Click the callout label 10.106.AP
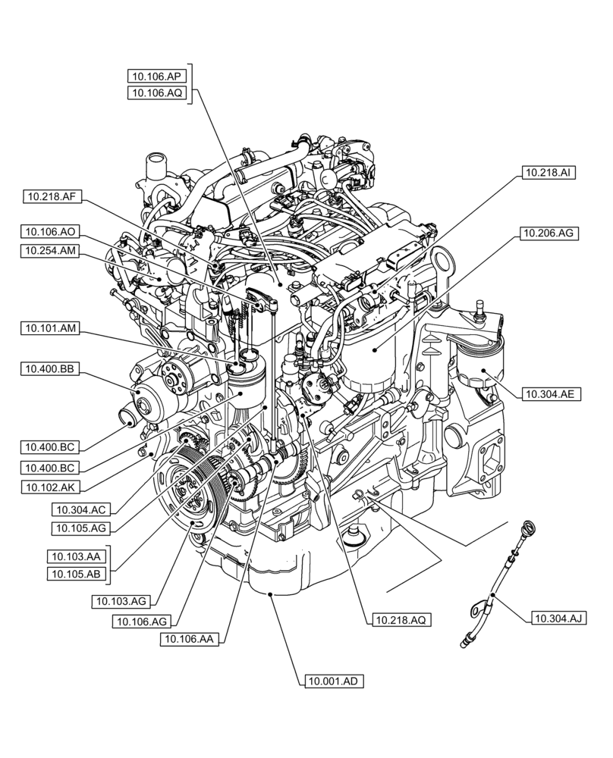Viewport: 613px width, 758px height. click(x=156, y=75)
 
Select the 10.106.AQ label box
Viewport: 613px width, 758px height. click(x=156, y=92)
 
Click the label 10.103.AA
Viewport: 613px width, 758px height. click(x=77, y=556)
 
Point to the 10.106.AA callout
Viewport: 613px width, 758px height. click(x=190, y=640)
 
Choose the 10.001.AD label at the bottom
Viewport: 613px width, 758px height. click(x=332, y=681)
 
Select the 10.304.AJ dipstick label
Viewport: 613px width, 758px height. click(x=559, y=619)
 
